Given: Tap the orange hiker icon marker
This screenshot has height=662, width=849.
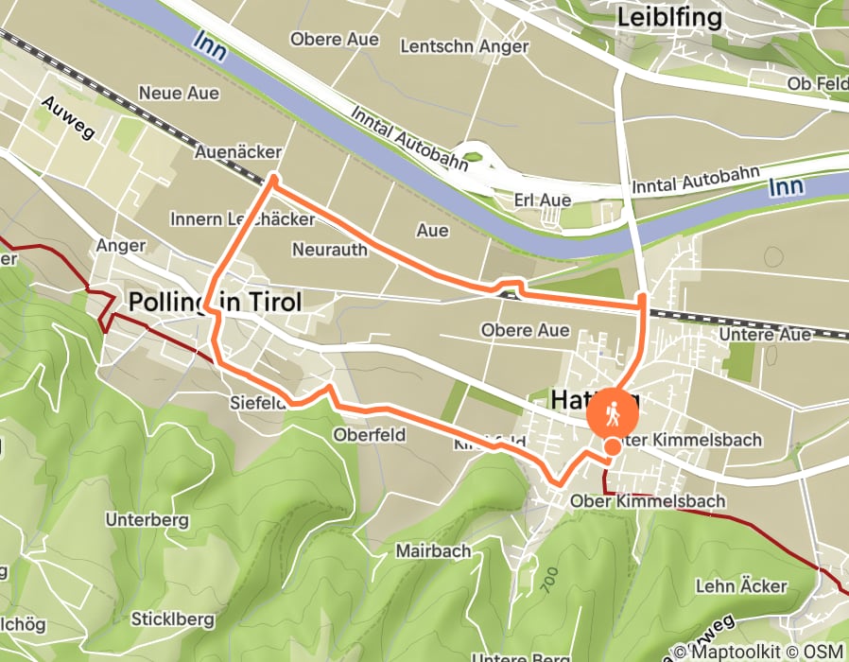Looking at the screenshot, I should pos(614,413).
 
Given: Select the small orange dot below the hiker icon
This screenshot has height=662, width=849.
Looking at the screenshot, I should pos(613,446).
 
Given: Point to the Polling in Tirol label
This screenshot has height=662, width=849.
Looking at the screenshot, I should pos(215,303).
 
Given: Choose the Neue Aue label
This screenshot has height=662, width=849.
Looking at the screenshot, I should pos(179,93).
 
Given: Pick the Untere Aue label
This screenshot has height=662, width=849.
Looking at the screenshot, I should pos(765,335).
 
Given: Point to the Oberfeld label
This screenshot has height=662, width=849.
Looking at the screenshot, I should pos(369,435).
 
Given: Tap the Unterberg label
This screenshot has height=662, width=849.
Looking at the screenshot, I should pos(147,520).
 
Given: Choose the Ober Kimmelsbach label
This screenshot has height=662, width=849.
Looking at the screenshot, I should pos(648,500).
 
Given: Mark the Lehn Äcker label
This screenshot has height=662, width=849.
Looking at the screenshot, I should pos(741,586).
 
